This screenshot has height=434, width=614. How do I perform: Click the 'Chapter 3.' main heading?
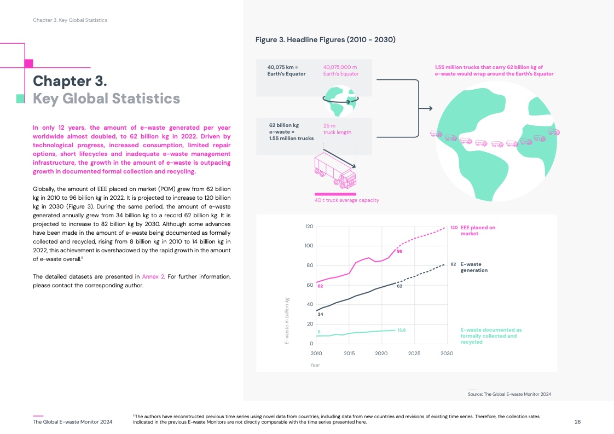pos(69,81)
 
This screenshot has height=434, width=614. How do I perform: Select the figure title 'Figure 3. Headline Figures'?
pos(326,40)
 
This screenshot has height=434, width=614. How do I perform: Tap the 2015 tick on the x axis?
pos(349,354)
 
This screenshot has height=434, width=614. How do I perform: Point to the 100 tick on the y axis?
pos(309,246)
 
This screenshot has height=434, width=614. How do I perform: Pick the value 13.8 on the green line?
pos(401,330)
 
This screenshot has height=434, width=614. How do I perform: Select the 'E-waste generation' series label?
pos(474,267)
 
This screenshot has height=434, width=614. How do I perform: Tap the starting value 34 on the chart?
pos(321,314)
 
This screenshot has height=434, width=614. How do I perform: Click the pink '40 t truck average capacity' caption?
pos(347,200)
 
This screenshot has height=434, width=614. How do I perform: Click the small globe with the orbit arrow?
pos(340,101)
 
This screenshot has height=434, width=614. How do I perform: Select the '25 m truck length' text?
pos(337,129)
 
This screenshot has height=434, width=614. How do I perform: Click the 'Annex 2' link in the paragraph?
pos(153,276)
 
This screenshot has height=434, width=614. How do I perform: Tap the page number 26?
pos(577,421)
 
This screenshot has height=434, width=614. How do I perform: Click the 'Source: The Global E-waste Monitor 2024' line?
pos(512,394)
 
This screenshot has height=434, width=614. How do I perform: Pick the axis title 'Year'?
pos(315,364)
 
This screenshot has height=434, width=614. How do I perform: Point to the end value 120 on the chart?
pos(454,227)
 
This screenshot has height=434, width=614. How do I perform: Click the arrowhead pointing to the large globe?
pos(430,108)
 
